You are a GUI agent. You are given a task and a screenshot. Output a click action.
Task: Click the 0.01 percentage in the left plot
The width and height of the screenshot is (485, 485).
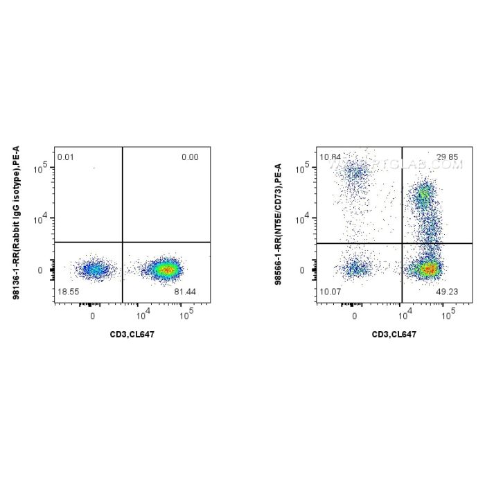click(x=66, y=157)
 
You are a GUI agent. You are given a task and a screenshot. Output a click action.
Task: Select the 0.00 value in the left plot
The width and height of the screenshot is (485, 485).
click(x=189, y=157)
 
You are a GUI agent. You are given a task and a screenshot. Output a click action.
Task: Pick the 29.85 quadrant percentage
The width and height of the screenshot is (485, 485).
click(x=448, y=157)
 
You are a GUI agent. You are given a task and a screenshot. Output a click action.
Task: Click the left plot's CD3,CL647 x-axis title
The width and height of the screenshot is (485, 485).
click(x=132, y=335)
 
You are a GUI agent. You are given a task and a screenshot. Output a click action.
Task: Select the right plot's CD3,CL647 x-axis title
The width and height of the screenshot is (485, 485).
click(x=394, y=335)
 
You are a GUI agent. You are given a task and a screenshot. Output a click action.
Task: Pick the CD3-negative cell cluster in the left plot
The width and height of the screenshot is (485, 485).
click(x=92, y=269)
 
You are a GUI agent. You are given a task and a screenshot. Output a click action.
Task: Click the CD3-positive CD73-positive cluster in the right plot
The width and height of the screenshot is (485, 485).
click(x=423, y=195)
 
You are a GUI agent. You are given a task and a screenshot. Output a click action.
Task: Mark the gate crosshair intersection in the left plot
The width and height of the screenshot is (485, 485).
click(x=123, y=242)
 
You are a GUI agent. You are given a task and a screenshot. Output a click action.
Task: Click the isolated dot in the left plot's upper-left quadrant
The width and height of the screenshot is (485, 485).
click(x=93, y=167)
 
